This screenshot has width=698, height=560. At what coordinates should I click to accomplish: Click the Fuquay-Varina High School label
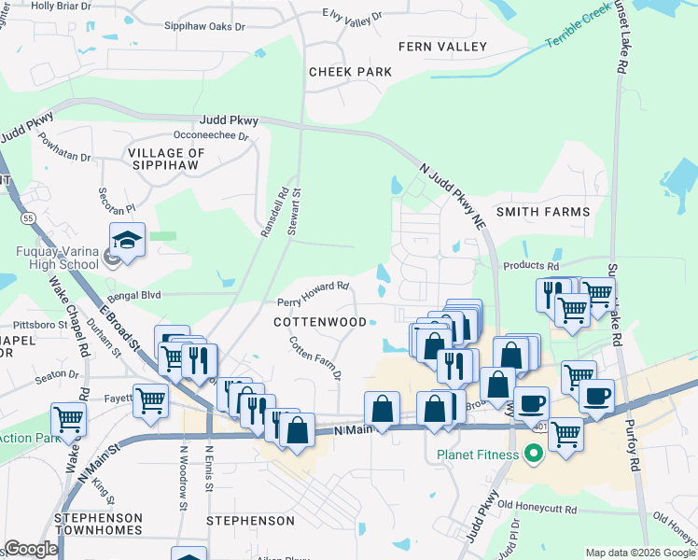click(x=57, y=258)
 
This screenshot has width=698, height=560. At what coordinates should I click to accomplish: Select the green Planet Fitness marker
click(x=533, y=456)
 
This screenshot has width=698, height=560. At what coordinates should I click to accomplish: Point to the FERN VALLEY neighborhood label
click(x=442, y=47)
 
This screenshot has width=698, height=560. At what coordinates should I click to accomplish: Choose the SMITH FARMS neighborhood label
click(x=544, y=212)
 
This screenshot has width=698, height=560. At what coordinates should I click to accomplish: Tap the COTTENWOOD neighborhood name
click(x=320, y=322)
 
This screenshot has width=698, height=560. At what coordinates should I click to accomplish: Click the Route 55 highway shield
click(x=29, y=217)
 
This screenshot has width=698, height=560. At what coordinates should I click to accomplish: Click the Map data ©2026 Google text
click(x=639, y=553)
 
